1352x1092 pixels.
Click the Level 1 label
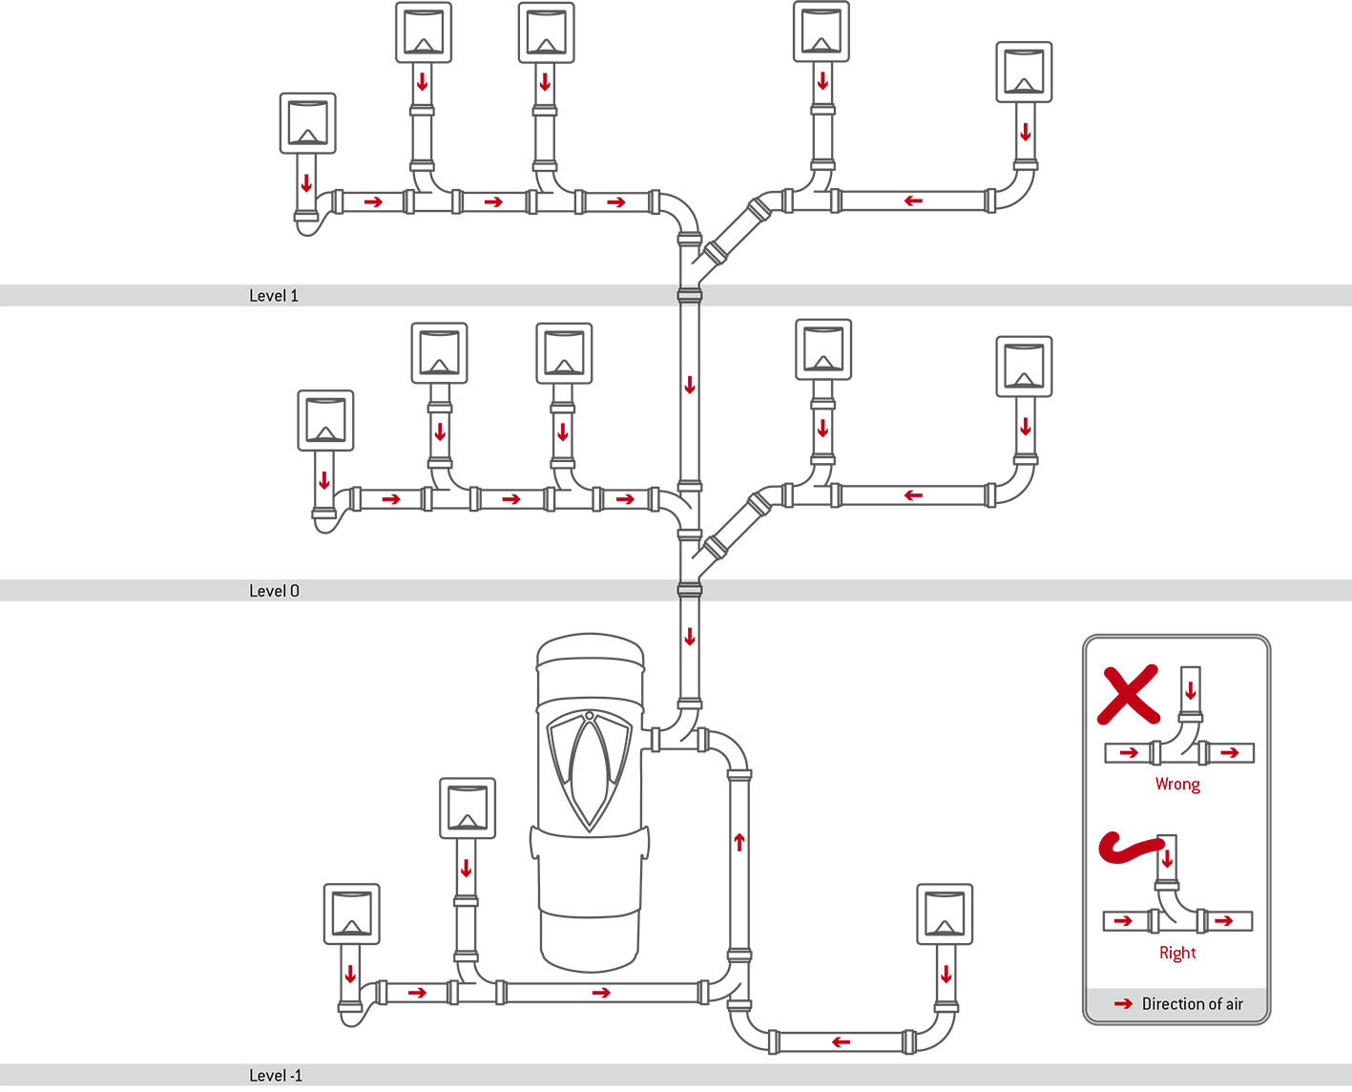tap(274, 296)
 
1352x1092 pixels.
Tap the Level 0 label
tap(274, 591)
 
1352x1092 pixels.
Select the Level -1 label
tap(276, 1076)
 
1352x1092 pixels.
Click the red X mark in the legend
tap(1128, 694)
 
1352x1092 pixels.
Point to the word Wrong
tap(1177, 785)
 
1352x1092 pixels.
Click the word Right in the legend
tap(1177, 953)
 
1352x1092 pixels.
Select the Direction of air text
tap(1192, 1004)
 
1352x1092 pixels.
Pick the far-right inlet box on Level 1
tap(1024, 72)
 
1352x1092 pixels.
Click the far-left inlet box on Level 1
tap(307, 123)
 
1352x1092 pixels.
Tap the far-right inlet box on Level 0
tap(1024, 367)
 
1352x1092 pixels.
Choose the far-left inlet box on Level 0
tap(325, 420)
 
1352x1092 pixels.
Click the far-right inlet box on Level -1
tap(945, 914)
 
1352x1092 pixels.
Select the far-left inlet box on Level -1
tap(352, 914)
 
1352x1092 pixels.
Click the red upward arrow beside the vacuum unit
tap(739, 842)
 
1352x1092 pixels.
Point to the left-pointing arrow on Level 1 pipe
tap(913, 201)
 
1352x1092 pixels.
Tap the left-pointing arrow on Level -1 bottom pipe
tap(841, 1041)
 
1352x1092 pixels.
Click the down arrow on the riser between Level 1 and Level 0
tap(690, 386)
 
